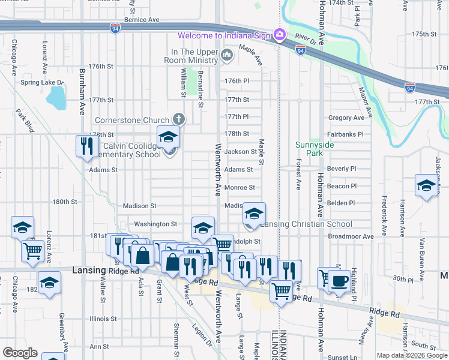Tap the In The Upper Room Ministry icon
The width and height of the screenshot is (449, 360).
tap(227, 56)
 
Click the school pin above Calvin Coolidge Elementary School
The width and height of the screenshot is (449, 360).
tap(169, 137)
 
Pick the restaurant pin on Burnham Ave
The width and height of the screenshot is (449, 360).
tap(88, 146)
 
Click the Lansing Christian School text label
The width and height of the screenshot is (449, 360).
tap(307, 224)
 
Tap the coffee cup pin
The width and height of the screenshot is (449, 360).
tap(339, 281)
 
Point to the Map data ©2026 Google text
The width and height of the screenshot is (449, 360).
tap(411, 355)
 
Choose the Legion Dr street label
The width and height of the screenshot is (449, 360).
tap(202, 334)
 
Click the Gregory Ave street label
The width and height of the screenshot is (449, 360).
tap(346, 118)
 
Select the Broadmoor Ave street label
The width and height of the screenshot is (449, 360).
tap(351, 236)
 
